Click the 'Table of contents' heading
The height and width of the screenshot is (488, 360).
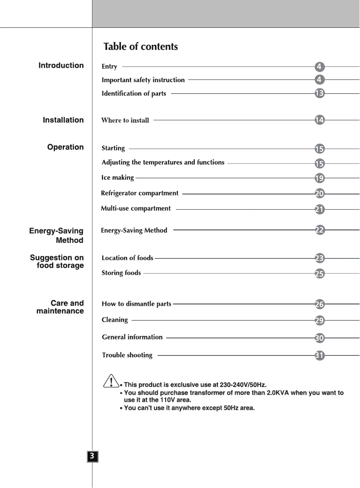(140, 47)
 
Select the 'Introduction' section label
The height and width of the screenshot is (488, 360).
(61, 66)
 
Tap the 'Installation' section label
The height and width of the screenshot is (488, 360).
(63, 120)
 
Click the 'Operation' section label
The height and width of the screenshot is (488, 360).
(66, 147)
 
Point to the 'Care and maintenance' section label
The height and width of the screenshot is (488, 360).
(60, 307)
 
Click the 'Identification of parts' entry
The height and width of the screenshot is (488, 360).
(134, 93)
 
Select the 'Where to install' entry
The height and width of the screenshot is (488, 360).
(125, 120)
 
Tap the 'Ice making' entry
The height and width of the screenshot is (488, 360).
(118, 178)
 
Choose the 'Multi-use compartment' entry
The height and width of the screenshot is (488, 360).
(136, 208)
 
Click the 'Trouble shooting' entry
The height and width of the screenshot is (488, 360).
(127, 355)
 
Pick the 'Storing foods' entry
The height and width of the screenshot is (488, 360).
(121, 273)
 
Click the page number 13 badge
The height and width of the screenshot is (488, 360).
(320, 93)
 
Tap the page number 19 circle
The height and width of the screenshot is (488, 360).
(320, 178)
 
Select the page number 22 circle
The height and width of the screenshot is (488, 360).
(320, 230)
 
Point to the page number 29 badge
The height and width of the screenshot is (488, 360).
(320, 321)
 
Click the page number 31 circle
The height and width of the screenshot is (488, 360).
(320, 356)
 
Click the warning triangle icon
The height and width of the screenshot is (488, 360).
(110, 382)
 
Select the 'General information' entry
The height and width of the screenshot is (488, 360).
(132, 337)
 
